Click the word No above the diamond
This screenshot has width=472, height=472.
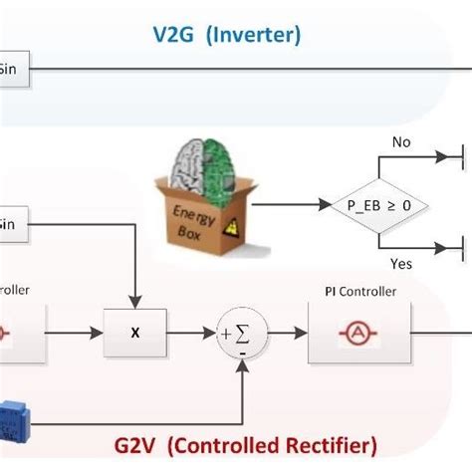[400, 142]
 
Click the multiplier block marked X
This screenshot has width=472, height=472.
[135, 333]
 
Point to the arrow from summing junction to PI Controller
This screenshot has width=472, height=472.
[283, 334]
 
